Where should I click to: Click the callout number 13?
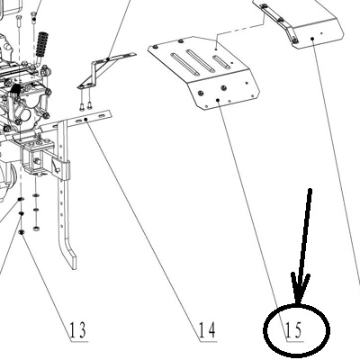pos(77,329)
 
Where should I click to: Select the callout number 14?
pos(207,329)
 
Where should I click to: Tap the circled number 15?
pos(293,329)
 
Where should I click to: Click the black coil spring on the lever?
pos(42,44)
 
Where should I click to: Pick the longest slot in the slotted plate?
pos(184,64)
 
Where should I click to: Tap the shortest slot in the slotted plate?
pos(221,62)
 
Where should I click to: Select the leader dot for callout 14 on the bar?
pos(85,120)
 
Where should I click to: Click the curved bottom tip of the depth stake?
pos(73,264)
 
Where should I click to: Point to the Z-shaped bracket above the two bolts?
pos(102,70)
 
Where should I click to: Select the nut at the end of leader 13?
pos(22,232)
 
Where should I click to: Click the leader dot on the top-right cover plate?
pos(312,39)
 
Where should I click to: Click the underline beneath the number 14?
pos(209,341)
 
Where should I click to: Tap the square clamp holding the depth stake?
pos(61,169)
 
